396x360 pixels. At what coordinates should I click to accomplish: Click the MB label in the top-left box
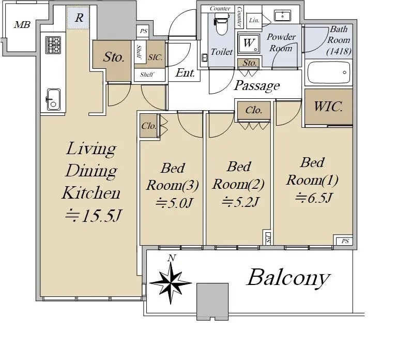22,24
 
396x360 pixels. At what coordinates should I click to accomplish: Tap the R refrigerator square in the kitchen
79,18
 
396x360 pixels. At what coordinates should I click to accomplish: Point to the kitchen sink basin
53,99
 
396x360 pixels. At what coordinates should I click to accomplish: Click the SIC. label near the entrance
156,57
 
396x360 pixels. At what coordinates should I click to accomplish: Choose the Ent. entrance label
185,73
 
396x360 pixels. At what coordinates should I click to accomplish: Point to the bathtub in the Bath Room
329,73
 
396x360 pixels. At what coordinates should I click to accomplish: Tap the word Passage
257,85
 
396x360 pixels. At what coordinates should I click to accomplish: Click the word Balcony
287,278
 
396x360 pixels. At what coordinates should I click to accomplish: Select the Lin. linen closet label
254,19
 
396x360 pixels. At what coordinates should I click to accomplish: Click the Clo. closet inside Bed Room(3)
148,126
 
